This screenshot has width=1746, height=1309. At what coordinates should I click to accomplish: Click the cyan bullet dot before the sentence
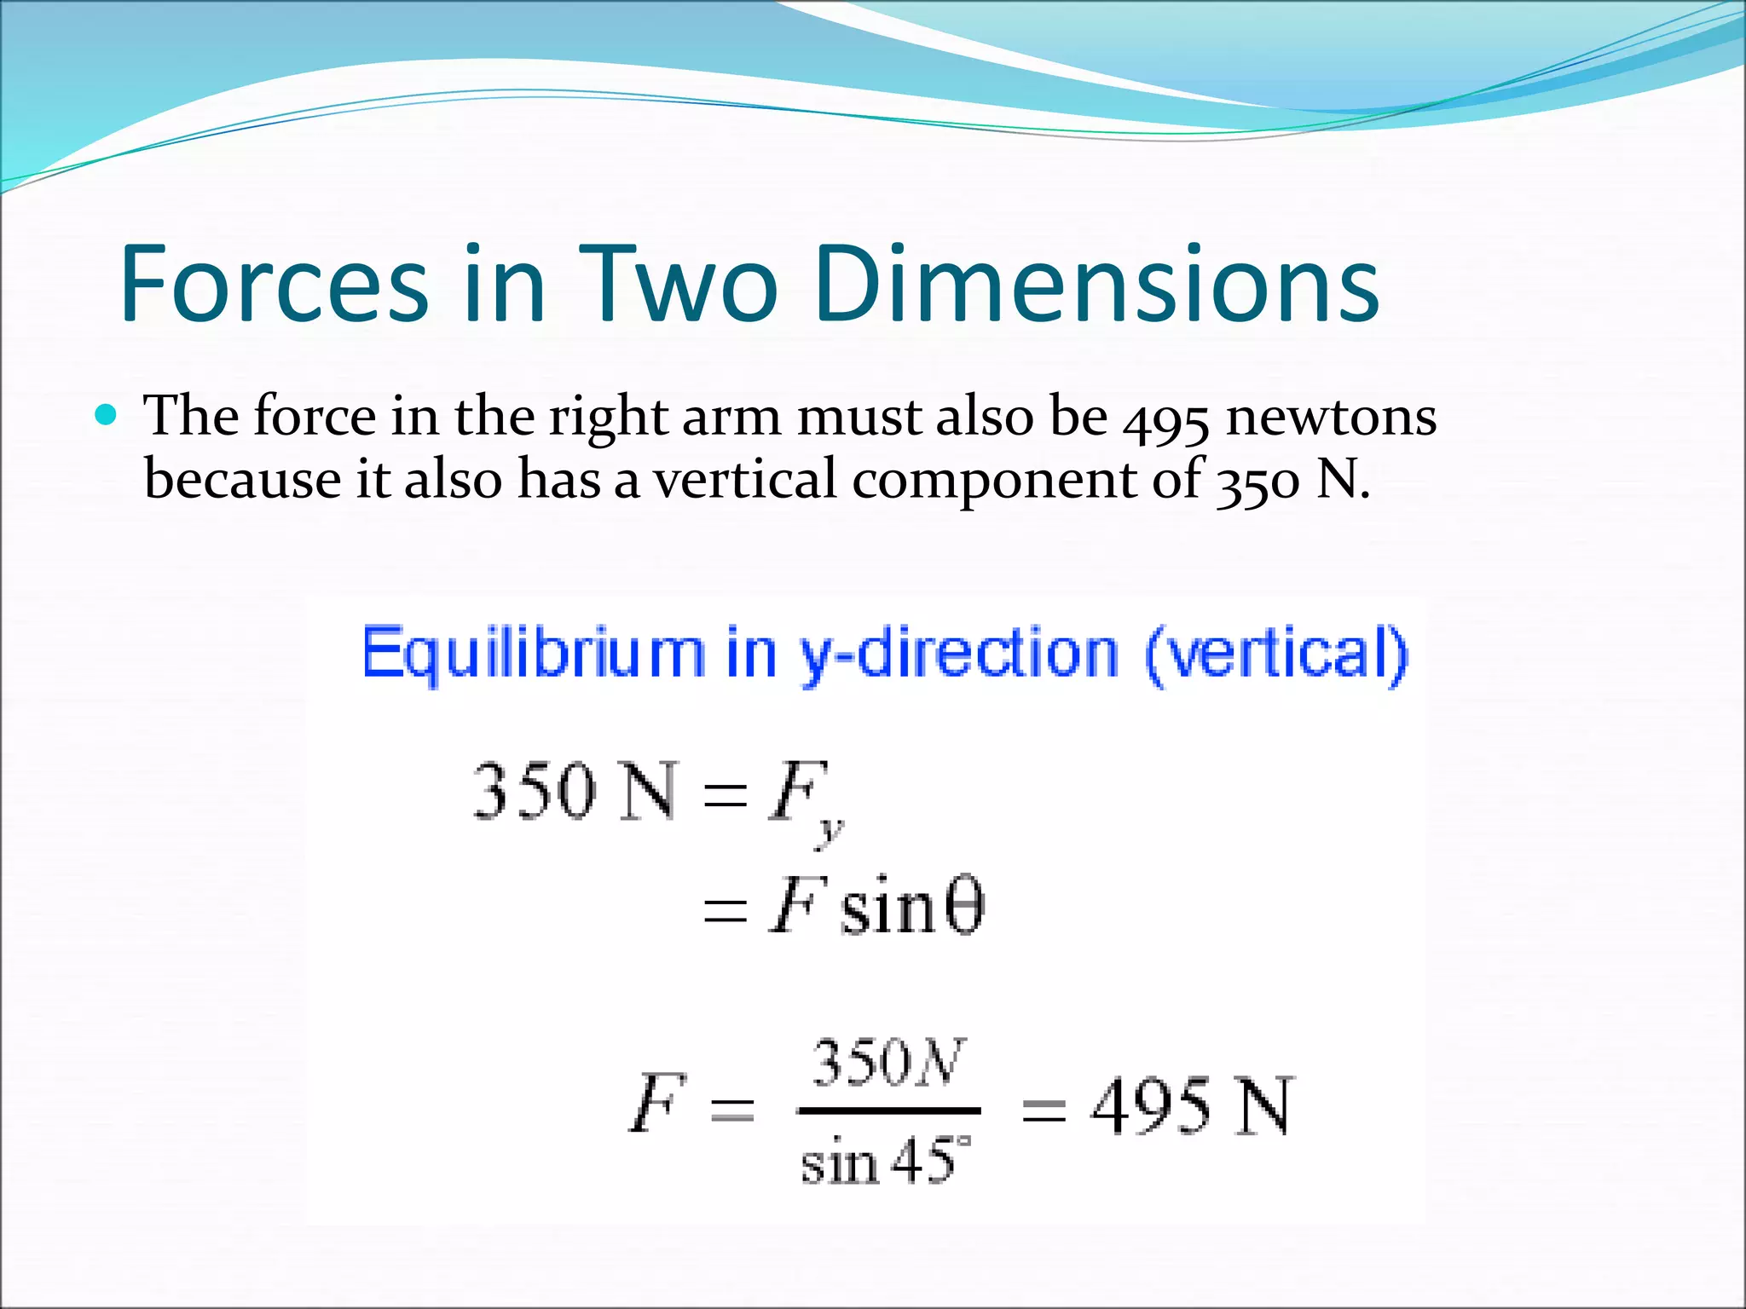106,415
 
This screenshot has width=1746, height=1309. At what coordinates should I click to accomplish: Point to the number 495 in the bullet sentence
1165,419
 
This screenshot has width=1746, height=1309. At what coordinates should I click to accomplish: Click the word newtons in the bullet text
1331,418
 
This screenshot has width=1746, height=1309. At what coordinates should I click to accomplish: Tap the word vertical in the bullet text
745,478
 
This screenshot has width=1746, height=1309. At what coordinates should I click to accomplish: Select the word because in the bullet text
241,480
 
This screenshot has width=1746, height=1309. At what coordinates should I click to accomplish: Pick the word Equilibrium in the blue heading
533,654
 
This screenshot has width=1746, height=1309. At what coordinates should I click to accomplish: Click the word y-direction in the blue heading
957,654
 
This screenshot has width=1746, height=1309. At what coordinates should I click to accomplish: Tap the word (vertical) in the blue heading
1276,654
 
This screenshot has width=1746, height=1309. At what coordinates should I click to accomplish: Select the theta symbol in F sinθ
966,908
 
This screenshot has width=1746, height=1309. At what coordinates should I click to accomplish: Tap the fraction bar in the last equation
888,1110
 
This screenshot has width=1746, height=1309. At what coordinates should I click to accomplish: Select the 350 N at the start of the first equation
575,792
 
